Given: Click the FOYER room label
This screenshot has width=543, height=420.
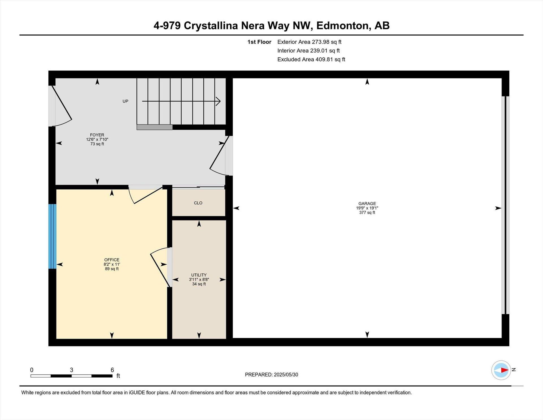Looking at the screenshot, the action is tap(97, 135).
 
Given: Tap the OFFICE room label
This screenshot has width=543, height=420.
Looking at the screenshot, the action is tap(112, 260).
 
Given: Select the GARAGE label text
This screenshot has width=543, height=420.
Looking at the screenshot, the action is tap(367, 203).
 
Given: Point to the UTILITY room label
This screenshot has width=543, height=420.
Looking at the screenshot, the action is tap(199, 275).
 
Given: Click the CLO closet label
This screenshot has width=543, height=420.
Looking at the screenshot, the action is tap(198, 203).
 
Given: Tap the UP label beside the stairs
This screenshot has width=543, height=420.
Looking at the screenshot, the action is tap(125, 101).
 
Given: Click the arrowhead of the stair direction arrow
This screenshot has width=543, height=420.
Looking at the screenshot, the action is tap(218, 101).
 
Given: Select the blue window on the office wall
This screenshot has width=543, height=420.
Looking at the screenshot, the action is tap(52, 236).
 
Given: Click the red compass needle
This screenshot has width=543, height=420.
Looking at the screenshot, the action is tap(504, 370).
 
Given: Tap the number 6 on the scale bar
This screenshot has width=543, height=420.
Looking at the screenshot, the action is tap(112, 370).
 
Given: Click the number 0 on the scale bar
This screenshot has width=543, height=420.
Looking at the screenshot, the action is tap(32, 370).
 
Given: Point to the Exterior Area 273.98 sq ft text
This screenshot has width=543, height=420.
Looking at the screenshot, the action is tap(309, 42).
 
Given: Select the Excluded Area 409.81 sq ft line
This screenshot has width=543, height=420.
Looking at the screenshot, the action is tap(311, 59).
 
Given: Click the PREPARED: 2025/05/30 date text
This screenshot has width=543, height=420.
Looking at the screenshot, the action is tap(271, 375).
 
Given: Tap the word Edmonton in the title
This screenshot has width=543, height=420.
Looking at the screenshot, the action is tap(343, 26).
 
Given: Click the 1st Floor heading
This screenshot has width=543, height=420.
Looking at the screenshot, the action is tap(259, 42).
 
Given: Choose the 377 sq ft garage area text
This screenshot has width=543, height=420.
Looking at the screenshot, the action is tap(367, 213).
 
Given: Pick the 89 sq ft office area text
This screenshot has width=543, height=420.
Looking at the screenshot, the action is tap(112, 269).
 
